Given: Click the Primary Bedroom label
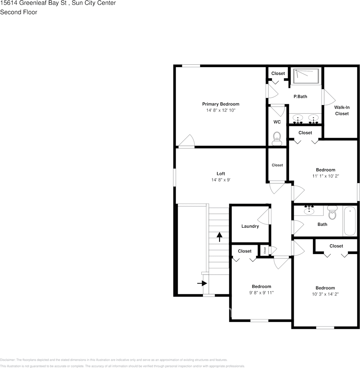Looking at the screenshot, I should [x=220, y=104].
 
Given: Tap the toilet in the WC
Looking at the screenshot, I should [x=277, y=137].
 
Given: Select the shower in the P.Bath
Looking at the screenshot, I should [x=306, y=76].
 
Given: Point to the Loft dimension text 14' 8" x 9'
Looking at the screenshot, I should [x=221, y=180].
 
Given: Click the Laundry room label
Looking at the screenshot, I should [x=250, y=226].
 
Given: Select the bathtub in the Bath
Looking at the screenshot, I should [x=350, y=221].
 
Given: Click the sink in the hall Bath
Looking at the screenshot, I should [x=309, y=211].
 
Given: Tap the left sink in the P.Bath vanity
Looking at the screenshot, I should [x=298, y=118].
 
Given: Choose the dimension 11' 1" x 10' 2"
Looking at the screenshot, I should [x=325, y=176].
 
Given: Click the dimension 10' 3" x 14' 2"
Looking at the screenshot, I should [x=325, y=294].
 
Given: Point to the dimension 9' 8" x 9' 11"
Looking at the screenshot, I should [x=261, y=293].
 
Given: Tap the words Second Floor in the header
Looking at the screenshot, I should [x=19, y=12].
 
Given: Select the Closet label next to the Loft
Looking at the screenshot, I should [x=277, y=165].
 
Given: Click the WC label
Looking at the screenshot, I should [x=277, y=122].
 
